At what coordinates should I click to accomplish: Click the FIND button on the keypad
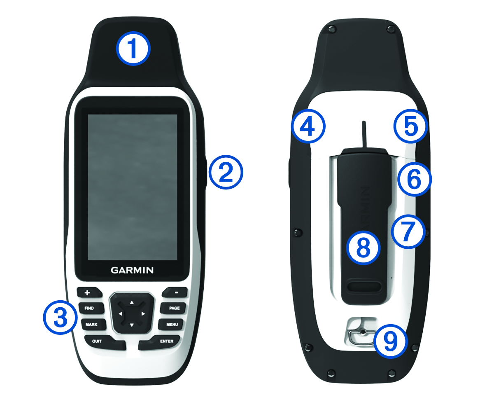pyautogui.click(x=91, y=308)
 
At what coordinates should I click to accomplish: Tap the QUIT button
pyautogui.click(x=105, y=342)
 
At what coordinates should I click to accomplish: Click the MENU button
pyautogui.click(x=171, y=325)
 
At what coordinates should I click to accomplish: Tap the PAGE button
pyautogui.click(x=173, y=308)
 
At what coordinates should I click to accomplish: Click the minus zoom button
pyautogui.click(x=175, y=292)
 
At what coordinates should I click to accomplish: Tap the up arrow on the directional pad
pyautogui.click(x=132, y=302)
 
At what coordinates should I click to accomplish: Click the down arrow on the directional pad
pyautogui.click(x=132, y=325)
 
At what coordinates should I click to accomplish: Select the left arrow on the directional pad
pyautogui.click(x=120, y=314)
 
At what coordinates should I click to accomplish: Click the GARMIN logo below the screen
pyautogui.click(x=132, y=270)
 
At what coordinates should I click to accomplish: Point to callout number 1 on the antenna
pyautogui.click(x=133, y=49)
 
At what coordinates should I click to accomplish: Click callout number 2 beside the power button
pyautogui.click(x=226, y=172)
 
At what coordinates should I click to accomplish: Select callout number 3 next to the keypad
pyautogui.click(x=60, y=317)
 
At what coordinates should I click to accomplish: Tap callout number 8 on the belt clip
pyautogui.click(x=363, y=248)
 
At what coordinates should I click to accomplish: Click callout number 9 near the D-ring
pyautogui.click(x=390, y=341)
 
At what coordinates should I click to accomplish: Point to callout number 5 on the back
pyautogui.click(x=411, y=126)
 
